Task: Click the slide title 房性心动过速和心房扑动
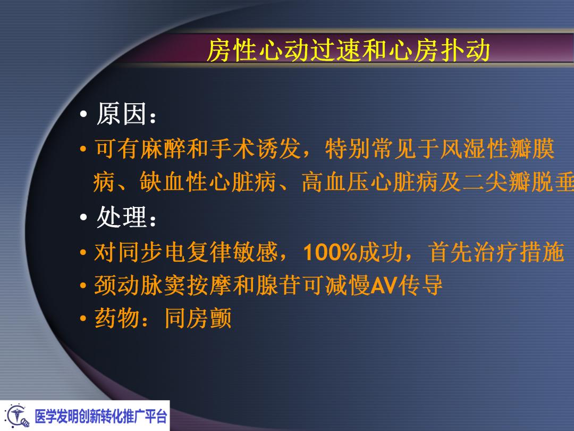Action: pyautogui.click(x=348, y=51)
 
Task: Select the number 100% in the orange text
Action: pyautogui.click(x=330, y=253)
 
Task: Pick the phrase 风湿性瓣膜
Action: pyautogui.click(x=496, y=150)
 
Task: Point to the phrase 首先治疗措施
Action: pyautogui.click(x=496, y=253)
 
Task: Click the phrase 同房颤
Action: pyautogui.click(x=198, y=319)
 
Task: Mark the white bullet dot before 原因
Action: pyautogui.click(x=83, y=116)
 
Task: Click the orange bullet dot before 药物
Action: pyautogui.click(x=83, y=320)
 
